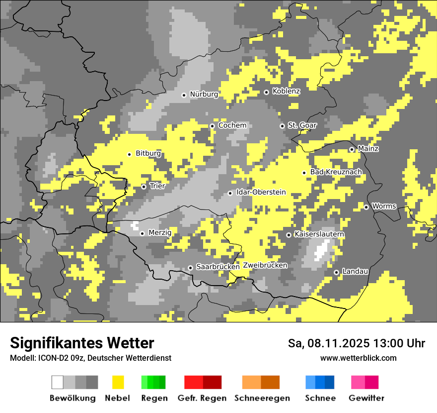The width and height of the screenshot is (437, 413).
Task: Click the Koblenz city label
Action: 286,92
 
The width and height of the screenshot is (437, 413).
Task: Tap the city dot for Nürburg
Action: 184,95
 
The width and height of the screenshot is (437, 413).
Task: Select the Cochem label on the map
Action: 232,125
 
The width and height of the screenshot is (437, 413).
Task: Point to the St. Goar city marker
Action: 282,126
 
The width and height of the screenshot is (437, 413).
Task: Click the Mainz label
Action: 368,149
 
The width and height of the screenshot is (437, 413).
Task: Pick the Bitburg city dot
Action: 129,154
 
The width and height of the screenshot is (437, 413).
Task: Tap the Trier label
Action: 157,186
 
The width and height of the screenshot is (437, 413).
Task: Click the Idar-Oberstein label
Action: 261,192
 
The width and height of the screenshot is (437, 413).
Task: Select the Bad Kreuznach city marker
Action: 304,173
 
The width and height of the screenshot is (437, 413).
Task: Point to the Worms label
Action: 384,206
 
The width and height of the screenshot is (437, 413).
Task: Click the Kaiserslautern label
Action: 319,234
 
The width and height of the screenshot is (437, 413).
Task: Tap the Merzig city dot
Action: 142,233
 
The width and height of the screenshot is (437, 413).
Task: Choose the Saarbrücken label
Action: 218,267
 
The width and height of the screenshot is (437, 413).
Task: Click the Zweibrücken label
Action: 265,265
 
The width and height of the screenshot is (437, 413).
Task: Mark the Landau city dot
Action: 336,272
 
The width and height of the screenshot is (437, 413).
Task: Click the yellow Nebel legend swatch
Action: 118,382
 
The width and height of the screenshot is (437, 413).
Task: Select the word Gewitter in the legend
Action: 366,398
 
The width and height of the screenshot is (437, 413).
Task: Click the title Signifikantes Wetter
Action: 82,343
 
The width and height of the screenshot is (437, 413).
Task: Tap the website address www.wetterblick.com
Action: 358,358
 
